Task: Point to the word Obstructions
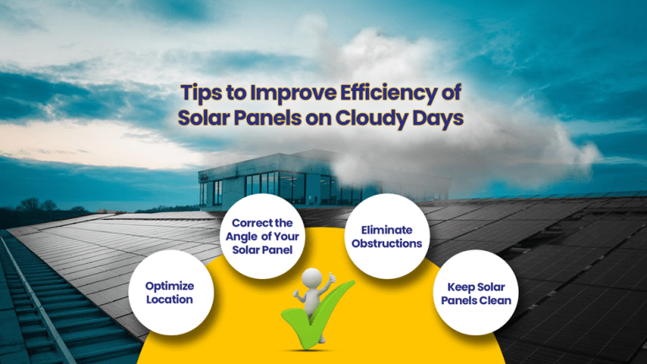click(386, 244)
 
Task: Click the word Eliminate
click(386, 229)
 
